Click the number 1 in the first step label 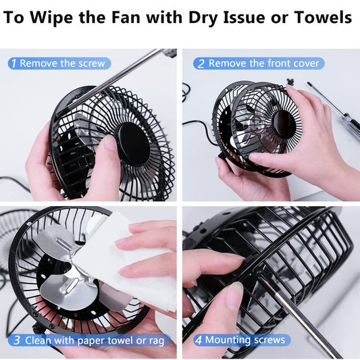click(x=14, y=63)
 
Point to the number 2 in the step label click(x=201, y=63)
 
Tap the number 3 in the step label click(x=17, y=340)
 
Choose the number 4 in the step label click(x=198, y=340)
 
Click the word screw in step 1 click(x=92, y=63)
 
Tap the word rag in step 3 click(x=157, y=341)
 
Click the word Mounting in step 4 click(x=226, y=340)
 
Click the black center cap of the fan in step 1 click(x=134, y=143)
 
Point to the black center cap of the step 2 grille click(x=284, y=124)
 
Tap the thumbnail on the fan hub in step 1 click(x=109, y=143)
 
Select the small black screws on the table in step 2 click(x=290, y=82)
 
